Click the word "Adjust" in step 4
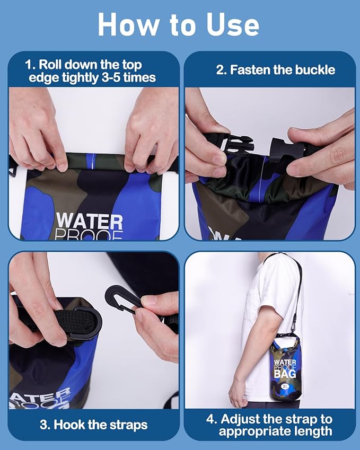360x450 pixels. click(248, 419)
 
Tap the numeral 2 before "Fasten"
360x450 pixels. click(219, 70)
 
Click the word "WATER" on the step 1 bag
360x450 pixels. click(89, 220)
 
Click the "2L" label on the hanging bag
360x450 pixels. click(285, 385)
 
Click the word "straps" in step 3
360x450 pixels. click(127, 425)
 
